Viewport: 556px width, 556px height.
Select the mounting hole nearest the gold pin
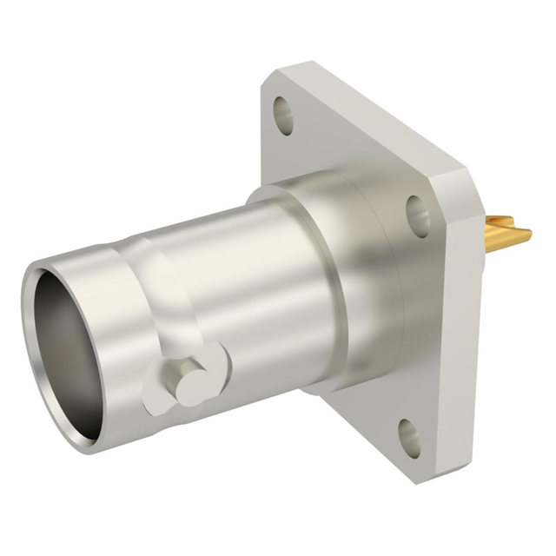point(418,214)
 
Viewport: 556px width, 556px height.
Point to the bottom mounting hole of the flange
point(409,438)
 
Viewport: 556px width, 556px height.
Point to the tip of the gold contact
point(526,231)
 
